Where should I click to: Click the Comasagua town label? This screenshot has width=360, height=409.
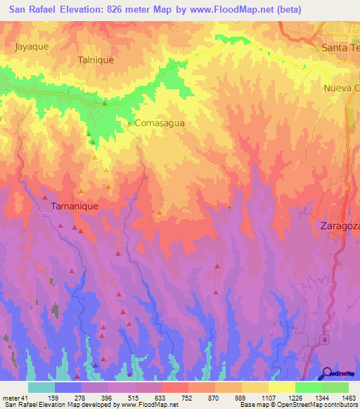(160, 123)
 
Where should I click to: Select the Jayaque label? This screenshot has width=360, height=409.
(31, 47)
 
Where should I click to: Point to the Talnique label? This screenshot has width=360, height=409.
(96, 60)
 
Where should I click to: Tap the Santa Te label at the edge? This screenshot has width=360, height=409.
(340, 47)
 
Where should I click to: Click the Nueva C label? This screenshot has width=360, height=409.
(341, 88)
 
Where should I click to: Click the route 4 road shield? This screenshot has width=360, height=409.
(326, 339)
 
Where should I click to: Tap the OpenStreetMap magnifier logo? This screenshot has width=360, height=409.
(328, 373)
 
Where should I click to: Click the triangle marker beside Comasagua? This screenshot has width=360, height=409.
(129, 123)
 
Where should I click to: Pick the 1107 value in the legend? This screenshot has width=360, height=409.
(268, 398)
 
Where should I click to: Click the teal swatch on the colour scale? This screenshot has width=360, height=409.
(41, 387)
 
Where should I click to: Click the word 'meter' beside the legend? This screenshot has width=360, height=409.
(10, 398)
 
